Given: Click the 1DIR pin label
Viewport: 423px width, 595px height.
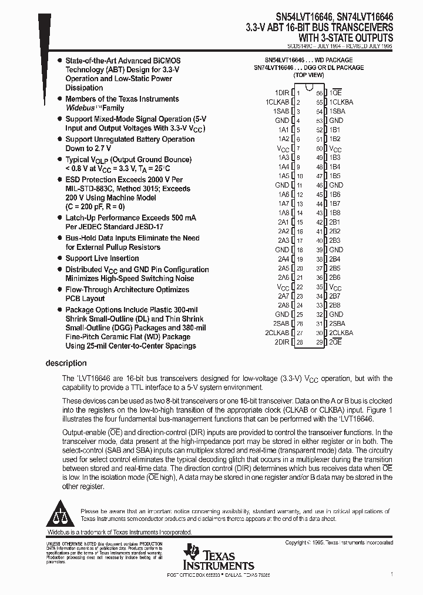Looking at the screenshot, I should tap(282, 93).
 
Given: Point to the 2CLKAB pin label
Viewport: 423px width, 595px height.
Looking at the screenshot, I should tap(279, 333).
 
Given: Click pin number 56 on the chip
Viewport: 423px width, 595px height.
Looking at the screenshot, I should tap(320, 93).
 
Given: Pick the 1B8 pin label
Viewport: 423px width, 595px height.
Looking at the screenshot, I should tap(334, 213).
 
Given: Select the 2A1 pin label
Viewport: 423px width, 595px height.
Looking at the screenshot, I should tap(284, 222).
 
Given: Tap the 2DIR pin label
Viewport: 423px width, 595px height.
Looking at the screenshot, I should tap(282, 342).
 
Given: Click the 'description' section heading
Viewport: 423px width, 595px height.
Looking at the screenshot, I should tap(66, 363).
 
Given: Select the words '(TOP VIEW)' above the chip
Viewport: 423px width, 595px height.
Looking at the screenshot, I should tap(308, 75).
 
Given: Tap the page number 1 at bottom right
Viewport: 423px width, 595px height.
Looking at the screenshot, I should tap(392, 573).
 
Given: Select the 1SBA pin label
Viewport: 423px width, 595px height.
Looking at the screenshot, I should tap(337, 111).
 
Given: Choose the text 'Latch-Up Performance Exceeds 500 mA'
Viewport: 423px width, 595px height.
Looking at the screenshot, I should tap(131, 218).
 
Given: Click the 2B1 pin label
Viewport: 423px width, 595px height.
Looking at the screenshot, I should tap(334, 222).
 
